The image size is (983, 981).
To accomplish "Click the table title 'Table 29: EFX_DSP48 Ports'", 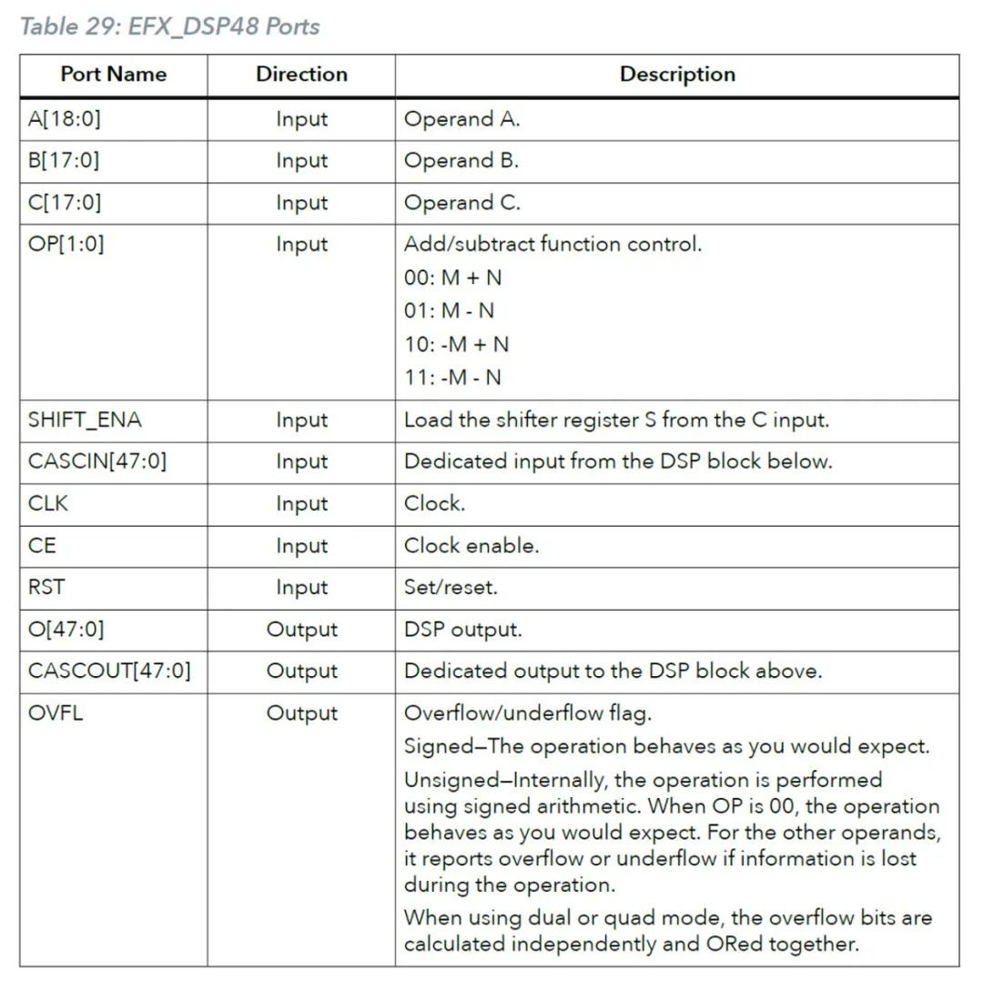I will coord(170,26).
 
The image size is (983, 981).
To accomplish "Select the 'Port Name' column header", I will coord(114,75).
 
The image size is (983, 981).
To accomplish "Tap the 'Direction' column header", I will coord(301,75).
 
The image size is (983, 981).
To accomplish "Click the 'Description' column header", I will coord(677,75).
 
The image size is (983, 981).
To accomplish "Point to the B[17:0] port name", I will coord(64,161).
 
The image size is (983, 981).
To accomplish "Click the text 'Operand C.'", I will coord(462,203).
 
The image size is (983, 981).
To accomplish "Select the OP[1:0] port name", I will coord(66,245).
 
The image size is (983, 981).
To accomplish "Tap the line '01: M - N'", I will coord(450,311).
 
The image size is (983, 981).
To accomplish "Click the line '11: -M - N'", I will coord(452,378).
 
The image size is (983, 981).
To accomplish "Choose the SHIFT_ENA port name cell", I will coord(86,420).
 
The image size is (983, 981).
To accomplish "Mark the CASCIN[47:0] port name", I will coord(97,461).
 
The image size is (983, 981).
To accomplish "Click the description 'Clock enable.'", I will coord(471,546).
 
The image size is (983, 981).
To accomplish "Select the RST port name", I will coord(46,587).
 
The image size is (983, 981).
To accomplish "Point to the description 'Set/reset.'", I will coord(451,588).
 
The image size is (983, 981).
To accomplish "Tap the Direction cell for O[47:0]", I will coord(301,630).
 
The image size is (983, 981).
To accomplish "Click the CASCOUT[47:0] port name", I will coord(109,672).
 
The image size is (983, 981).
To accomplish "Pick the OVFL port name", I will coord(56,713).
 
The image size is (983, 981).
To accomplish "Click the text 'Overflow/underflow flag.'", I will coord(528,713).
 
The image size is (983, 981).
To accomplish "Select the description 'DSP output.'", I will coord(463,630).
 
